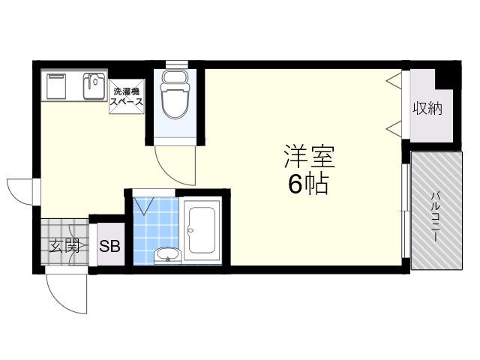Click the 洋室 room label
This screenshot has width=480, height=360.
310,156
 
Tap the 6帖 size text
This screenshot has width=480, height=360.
308,184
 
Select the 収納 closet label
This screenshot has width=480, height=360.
428,108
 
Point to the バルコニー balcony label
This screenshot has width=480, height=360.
435,216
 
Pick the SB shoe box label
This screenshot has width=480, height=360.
109,246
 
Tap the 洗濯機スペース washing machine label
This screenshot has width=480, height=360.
127,97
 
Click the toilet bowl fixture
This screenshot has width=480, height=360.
175,94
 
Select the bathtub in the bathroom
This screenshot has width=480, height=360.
202,230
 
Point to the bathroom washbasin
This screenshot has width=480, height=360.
168,255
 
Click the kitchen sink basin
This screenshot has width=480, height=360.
95,86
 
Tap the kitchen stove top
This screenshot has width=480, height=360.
56,86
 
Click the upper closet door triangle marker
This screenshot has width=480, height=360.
394,81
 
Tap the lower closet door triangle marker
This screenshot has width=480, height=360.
394,129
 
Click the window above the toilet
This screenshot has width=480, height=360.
177,64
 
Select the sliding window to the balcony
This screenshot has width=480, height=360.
406,211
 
